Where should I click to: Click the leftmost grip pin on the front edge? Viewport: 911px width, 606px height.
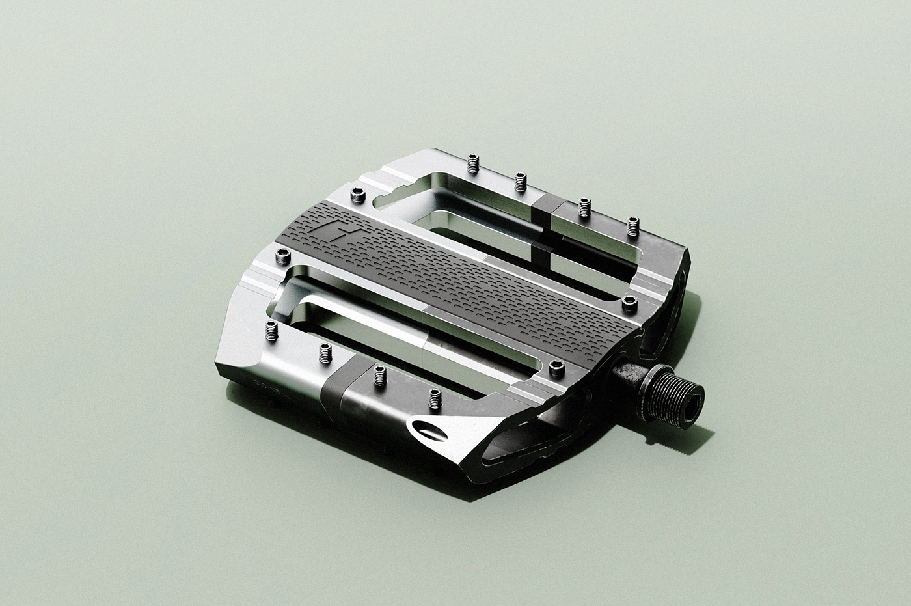coord(271,331)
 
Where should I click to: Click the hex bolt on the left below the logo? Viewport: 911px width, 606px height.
coord(283,257)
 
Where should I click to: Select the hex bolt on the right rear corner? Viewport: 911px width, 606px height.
coord(629,303)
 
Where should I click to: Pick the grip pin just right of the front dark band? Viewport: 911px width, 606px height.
coord(380,376)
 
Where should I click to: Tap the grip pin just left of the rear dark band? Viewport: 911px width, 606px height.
coord(519,182)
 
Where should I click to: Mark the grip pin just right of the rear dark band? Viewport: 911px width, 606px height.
coord(584,208)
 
